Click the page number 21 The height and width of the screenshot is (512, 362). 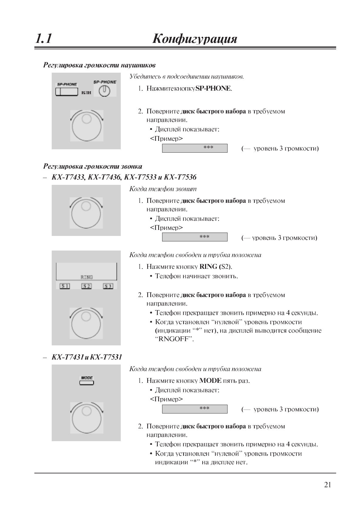327,485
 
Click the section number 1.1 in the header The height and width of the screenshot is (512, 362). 44,39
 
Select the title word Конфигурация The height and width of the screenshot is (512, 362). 195,39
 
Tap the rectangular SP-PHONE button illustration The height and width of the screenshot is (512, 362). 67,91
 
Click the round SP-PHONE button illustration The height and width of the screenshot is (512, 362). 104,91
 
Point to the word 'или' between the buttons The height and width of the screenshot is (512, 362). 86,92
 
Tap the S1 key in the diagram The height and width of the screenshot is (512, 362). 65,286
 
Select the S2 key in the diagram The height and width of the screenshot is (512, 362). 86,286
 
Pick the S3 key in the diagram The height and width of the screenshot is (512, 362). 108,286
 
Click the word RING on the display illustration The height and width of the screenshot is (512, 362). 87,277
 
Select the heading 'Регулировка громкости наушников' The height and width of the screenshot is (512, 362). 99,65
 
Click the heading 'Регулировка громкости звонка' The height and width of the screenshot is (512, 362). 93,166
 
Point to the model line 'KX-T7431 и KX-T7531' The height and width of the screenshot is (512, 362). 87,357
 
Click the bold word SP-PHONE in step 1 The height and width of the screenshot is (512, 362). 213,88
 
